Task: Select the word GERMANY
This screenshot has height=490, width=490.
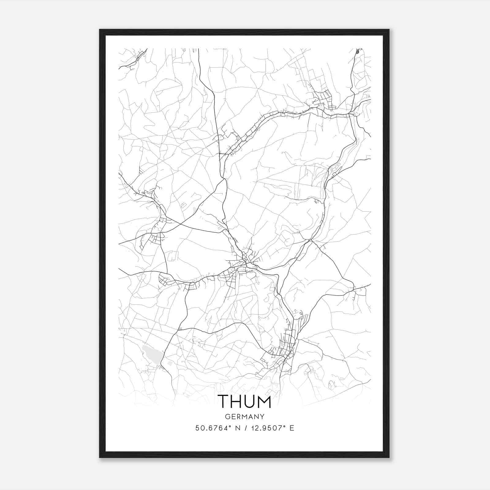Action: point(244,417)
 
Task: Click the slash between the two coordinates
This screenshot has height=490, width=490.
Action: point(245,428)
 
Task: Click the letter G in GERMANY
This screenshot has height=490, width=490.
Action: point(227,417)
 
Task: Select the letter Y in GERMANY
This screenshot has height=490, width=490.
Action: point(262,417)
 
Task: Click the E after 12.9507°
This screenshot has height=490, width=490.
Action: point(292,428)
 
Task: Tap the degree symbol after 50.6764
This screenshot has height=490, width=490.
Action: point(230,426)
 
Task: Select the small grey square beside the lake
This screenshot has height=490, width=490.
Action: point(170,363)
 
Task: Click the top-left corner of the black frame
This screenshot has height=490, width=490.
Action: point(100,30)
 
